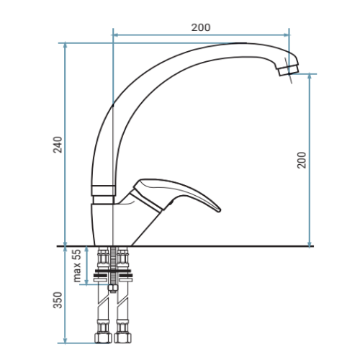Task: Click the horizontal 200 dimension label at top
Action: (x=201, y=27)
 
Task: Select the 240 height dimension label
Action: (x=58, y=145)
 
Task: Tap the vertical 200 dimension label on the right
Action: (x=302, y=160)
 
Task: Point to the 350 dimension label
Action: (x=58, y=300)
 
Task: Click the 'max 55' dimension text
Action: (x=77, y=266)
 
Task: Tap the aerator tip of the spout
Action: (x=289, y=70)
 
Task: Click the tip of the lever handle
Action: (x=219, y=210)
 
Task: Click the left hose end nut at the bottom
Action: (x=103, y=338)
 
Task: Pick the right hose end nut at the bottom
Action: (x=122, y=338)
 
